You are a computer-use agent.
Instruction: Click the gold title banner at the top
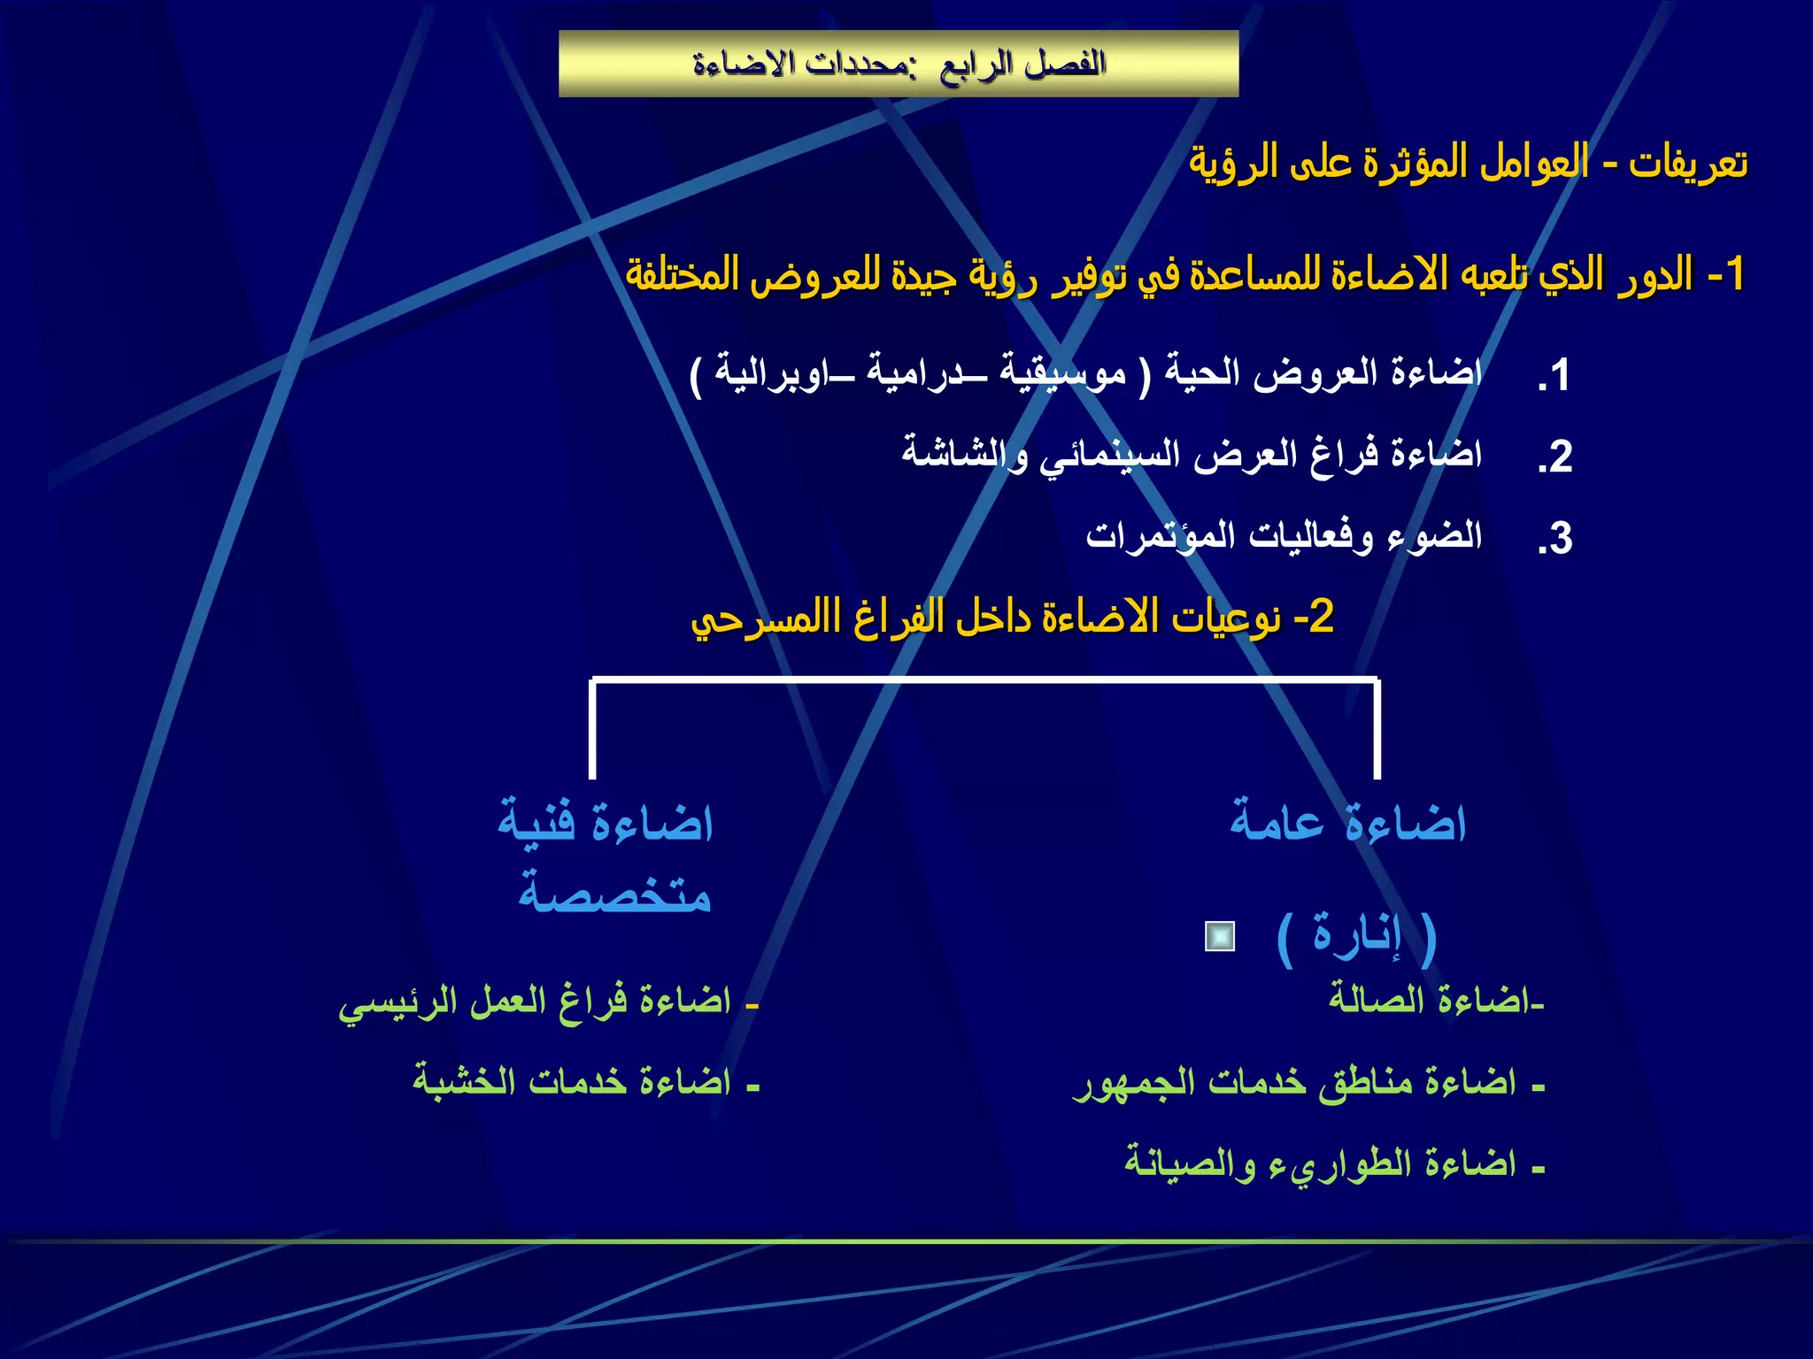click(x=898, y=64)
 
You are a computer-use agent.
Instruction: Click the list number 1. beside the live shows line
click(x=1555, y=375)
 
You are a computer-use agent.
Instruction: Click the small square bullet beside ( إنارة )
click(x=1220, y=936)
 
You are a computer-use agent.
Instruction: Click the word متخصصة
click(x=614, y=894)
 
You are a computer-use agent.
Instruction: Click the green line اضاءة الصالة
click(x=1434, y=1000)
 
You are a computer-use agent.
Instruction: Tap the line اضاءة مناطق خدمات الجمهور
click(x=1308, y=1082)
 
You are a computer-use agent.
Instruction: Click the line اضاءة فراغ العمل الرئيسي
click(x=547, y=1002)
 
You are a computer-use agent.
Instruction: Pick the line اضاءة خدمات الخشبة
click(x=584, y=1082)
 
